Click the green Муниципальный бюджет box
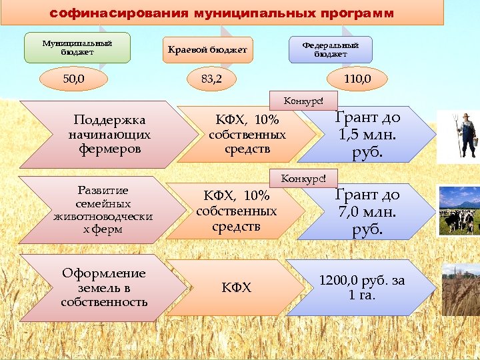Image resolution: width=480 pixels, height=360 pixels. (77, 47)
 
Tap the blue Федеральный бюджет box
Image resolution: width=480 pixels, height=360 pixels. (330, 49)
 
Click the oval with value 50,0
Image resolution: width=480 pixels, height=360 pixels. (73, 81)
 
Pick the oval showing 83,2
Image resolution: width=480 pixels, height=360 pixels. (211, 81)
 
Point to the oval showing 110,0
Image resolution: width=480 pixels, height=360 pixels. (357, 81)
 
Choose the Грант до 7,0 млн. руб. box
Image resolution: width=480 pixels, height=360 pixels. (367, 212)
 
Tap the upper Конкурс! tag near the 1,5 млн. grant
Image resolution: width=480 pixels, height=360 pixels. (303, 101)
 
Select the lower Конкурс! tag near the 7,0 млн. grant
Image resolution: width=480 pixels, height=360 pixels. (303, 179)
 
